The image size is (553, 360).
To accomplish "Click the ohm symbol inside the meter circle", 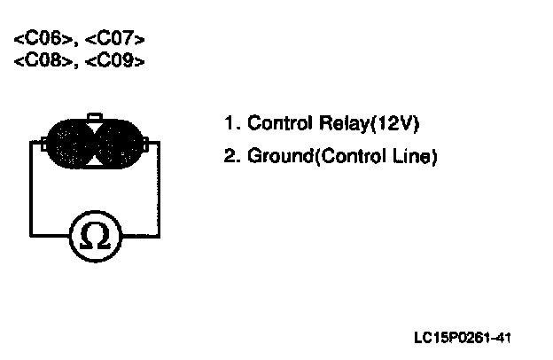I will (95, 236).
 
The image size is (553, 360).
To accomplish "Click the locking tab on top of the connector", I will (95, 116).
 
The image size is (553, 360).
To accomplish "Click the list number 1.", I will (229, 123).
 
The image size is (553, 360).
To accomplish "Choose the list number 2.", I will (230, 157).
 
